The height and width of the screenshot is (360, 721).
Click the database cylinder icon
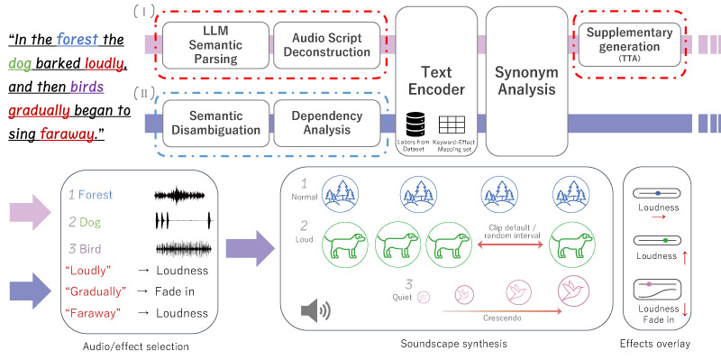pyautogui.click(x=415, y=124)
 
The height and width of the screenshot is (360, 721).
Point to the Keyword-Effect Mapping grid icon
pyautogui.click(x=450, y=124)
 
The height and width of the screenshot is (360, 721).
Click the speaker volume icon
pyautogui.click(x=315, y=312)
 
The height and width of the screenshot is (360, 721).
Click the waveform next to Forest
pyautogui.click(x=184, y=195)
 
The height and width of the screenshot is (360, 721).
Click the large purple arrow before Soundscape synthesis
pyautogui.click(x=247, y=247)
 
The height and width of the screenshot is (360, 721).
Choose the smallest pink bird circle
pyautogui.click(x=424, y=295)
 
